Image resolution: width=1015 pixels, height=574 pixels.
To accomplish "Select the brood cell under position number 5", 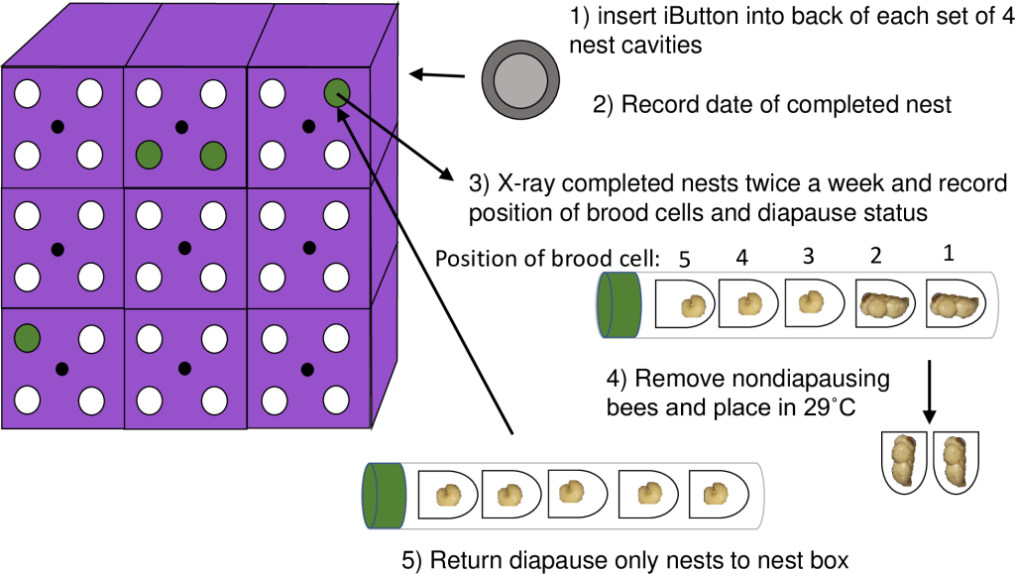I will tap(683, 305).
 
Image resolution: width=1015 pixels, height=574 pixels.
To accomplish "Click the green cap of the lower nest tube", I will tap(387, 493).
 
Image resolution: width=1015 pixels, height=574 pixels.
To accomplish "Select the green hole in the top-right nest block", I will tap(336, 94).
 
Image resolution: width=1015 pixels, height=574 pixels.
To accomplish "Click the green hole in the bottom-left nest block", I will tap(27, 338).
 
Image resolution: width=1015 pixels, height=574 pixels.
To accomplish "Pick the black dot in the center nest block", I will tap(182, 245).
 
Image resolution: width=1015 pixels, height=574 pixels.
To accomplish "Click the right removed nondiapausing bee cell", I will tap(953, 460).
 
